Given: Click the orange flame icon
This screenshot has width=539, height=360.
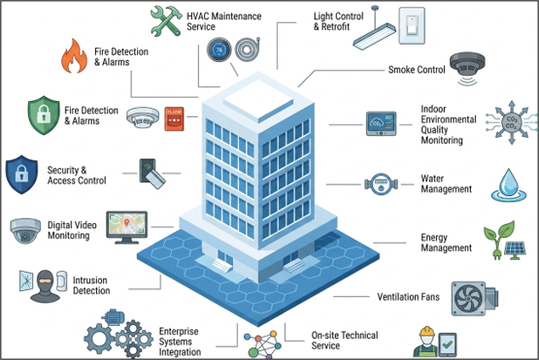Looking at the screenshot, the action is tap(74, 56).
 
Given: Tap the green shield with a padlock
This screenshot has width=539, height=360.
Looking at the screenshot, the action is tap(44, 115).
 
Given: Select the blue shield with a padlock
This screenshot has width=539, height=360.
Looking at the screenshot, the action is tap(21, 175).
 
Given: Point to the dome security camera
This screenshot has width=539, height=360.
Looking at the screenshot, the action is tap(25, 231).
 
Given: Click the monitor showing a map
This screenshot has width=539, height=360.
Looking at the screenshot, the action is tap(127, 227).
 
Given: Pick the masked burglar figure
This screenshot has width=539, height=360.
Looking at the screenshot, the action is tap(45, 286).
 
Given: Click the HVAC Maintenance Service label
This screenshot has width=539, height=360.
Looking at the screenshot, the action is tap(223, 21).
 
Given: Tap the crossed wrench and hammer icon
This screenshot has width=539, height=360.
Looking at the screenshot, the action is tap(166, 21).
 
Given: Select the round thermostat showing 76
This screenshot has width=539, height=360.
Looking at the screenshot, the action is tap(219, 49).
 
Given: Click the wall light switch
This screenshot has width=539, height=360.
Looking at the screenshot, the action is tap(412, 26).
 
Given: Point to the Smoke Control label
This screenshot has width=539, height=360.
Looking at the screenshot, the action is tap(417, 70).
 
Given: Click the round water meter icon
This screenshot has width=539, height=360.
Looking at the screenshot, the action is tap(382, 184).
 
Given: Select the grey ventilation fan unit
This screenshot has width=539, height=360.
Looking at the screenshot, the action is tap(474, 299).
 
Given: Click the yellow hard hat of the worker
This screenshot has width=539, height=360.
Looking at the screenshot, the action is tap(427, 332).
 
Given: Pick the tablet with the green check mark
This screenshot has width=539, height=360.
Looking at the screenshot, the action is tap(447, 344).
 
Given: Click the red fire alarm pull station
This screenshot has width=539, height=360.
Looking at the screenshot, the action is tap(174, 118).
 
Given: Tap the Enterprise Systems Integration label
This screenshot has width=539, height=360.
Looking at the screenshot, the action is tap(180, 342).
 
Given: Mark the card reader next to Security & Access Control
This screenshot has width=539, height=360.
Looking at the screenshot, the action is tap(152, 173).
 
